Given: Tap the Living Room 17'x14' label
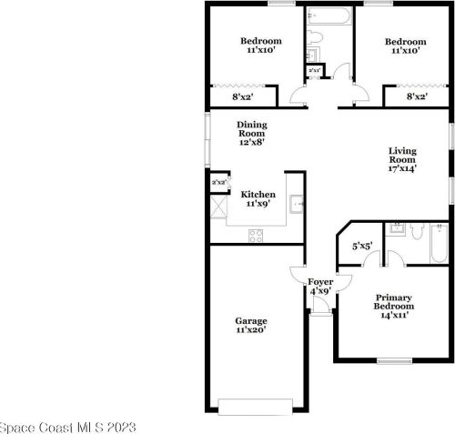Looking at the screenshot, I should [x=401, y=159].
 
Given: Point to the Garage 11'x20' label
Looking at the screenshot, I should [x=251, y=326].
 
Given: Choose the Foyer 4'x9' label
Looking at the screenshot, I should [x=319, y=287].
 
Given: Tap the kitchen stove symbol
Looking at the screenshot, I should [x=256, y=235].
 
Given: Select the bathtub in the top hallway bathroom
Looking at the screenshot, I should [x=327, y=16].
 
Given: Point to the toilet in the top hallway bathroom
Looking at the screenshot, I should [x=315, y=37].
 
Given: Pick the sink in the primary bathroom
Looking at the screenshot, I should [x=396, y=227].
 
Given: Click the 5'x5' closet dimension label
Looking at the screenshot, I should [x=362, y=245].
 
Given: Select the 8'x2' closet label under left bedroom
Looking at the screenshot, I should [x=242, y=96].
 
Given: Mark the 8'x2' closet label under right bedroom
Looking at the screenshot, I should [x=417, y=96].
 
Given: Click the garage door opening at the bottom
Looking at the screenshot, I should [x=256, y=407].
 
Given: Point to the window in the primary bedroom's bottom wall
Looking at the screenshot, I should [x=394, y=361].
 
